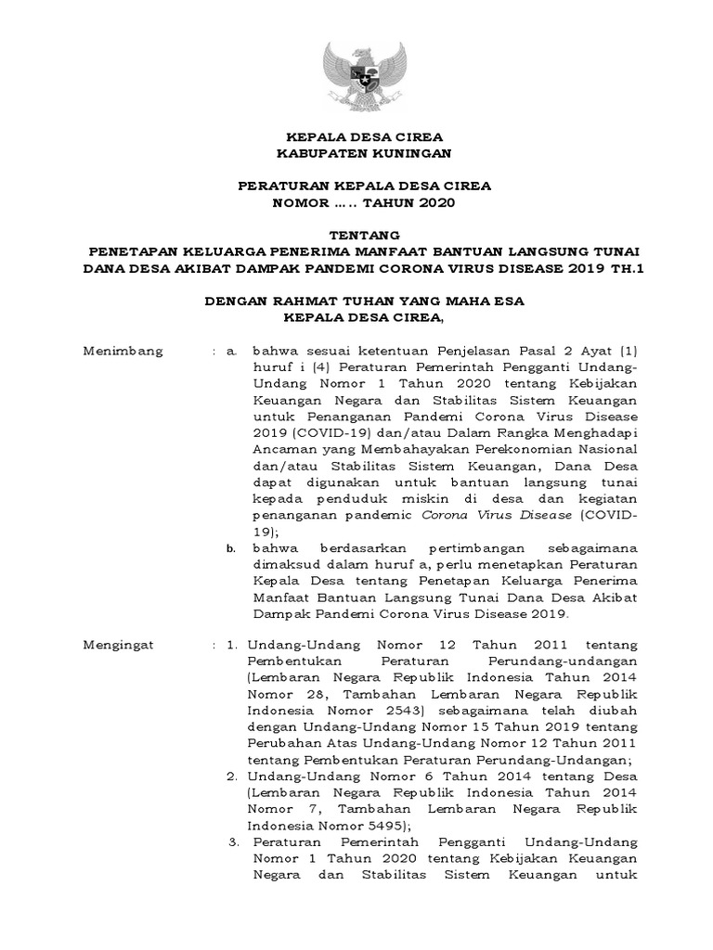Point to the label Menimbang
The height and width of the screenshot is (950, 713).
pyautogui.click(x=123, y=352)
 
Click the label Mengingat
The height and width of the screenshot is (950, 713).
pyautogui.click(x=121, y=642)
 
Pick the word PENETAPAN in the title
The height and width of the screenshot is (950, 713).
pyautogui.click(x=135, y=252)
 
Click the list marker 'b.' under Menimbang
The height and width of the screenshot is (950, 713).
pyautogui.click(x=233, y=550)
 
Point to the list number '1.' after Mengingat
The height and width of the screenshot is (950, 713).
pyautogui.click(x=233, y=642)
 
